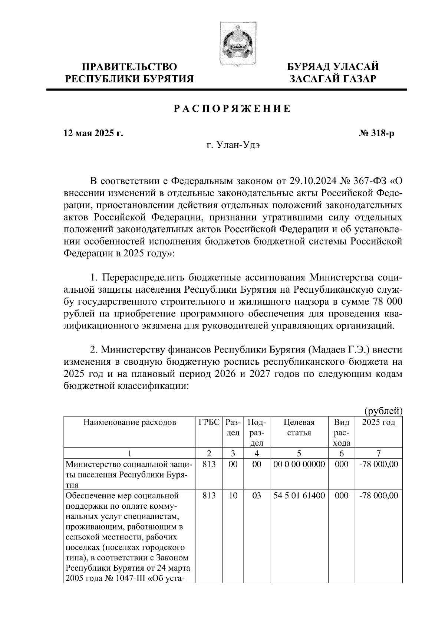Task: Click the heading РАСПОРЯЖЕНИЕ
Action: [x=233, y=109]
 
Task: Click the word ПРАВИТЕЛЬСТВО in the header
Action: [x=129, y=67]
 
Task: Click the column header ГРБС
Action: [x=209, y=422]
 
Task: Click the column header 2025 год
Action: [x=379, y=422]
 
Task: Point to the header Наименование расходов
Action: [x=129, y=422]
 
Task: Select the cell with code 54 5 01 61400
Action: [x=299, y=496]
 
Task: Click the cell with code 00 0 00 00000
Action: [x=299, y=464]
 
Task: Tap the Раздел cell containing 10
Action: [x=233, y=496]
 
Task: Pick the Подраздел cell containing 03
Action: [x=257, y=496]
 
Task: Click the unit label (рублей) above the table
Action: [x=383, y=411]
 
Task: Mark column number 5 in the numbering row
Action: [x=299, y=453]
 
